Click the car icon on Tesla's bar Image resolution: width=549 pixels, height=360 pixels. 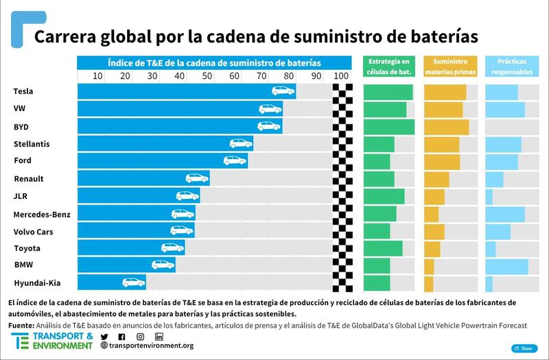(283, 91)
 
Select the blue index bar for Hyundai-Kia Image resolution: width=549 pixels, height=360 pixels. (111, 282)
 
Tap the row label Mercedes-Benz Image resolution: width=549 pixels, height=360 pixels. (42, 214)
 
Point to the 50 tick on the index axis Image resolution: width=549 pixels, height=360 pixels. (207, 75)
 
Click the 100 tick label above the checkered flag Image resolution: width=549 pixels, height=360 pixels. (341, 75)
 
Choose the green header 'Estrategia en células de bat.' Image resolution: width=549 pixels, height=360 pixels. (388, 66)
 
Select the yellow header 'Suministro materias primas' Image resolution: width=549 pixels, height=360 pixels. (450, 66)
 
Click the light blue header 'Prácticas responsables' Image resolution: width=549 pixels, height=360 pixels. (512, 66)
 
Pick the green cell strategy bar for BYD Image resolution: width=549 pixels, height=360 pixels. (388, 127)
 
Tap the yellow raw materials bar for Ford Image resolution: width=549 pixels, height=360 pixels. (442, 161)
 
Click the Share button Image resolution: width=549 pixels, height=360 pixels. (524, 348)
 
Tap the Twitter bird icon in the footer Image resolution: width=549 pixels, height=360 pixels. (104, 337)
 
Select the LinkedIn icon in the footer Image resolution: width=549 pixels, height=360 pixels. (159, 337)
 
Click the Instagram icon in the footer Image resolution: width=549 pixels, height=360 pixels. (140, 337)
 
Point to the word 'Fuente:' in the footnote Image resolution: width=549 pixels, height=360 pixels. (22, 325)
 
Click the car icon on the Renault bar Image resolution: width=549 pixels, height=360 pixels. (197, 178)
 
